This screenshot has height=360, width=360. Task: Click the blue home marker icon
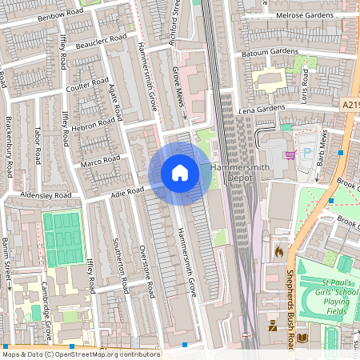180,173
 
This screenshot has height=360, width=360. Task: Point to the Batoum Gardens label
271,52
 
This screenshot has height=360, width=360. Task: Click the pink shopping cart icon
290,154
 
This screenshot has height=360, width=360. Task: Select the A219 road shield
350,105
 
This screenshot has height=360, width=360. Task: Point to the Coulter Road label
87,83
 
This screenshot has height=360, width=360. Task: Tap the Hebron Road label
96,126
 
